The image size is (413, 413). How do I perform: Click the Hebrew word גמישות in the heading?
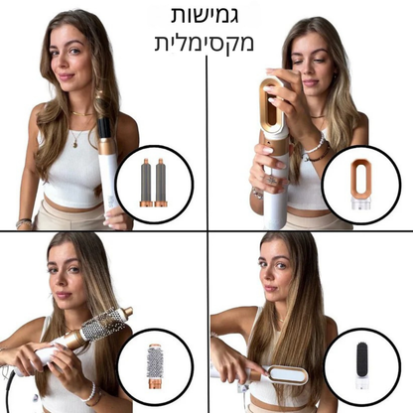tap(206, 17)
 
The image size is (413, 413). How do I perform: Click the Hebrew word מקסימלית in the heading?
tap(206, 45)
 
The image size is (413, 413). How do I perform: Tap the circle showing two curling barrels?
tap(154, 179)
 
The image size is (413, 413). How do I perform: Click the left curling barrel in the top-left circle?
tap(145, 180)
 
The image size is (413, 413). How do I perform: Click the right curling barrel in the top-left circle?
tap(162, 180)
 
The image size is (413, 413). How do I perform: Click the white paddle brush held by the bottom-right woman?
tap(286, 375)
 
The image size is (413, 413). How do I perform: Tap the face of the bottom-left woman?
tap(66, 281)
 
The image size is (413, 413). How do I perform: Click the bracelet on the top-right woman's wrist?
tap(315, 148)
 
